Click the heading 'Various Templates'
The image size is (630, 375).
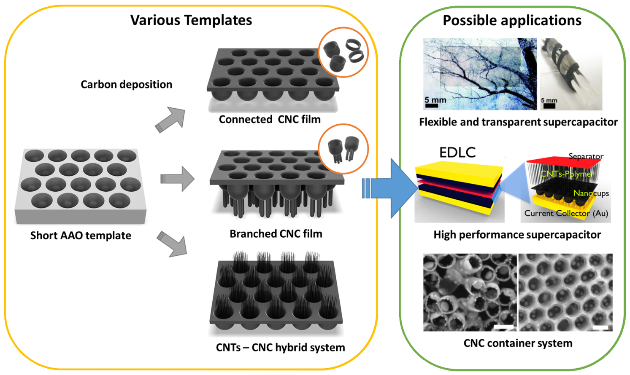(x=191, y=20)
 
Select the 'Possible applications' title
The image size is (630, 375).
(x=512, y=20)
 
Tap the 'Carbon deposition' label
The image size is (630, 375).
(x=126, y=84)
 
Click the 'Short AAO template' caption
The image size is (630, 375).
(x=81, y=235)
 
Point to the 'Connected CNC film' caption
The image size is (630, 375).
(x=270, y=119)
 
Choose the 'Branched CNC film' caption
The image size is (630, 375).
(x=276, y=233)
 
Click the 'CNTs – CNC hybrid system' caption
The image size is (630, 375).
(x=280, y=347)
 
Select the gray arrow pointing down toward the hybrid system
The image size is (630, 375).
(x=173, y=244)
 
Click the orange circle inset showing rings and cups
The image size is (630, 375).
(x=343, y=52)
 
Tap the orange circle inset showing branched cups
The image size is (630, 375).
(x=343, y=149)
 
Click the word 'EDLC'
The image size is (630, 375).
(x=457, y=152)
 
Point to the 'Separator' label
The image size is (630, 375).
(x=586, y=156)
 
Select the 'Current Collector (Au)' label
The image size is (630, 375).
(x=566, y=213)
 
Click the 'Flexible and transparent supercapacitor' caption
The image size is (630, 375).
(x=518, y=122)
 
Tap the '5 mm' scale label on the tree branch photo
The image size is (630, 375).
(x=435, y=100)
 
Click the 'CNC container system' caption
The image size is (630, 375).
(x=518, y=343)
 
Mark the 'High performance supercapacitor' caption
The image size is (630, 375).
(x=517, y=234)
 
